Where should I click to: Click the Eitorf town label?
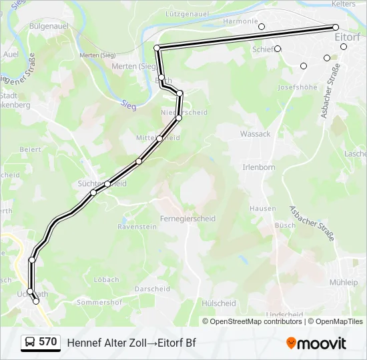[x=348, y=37]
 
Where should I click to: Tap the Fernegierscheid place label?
[x=188, y=218]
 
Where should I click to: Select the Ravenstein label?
[x=137, y=227]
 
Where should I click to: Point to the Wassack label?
[x=256, y=133]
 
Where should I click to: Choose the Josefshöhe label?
[x=298, y=87]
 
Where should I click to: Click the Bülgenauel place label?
[x=49, y=26]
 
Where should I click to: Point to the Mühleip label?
[x=343, y=282]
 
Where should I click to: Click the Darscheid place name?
[x=152, y=289]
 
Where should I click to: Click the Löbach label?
[x=106, y=280]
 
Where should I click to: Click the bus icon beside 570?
[x=29, y=342]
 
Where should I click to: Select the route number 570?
[x=48, y=342]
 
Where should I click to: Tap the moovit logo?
[x=316, y=343]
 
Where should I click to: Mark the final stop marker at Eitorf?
[x=336, y=27]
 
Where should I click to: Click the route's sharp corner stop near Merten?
[x=157, y=48]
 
